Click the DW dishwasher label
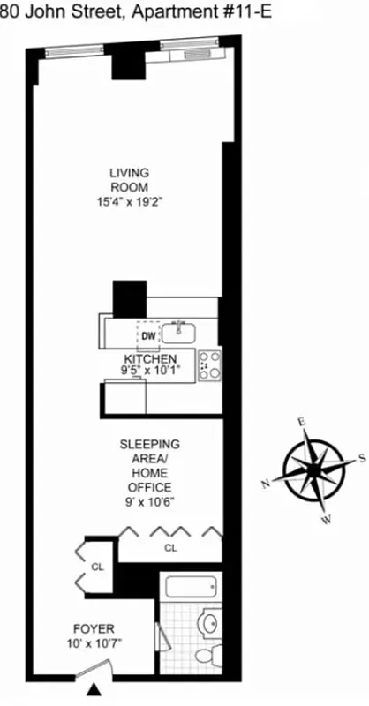click(147, 335)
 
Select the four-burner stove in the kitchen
click(210, 364)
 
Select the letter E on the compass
click(301, 422)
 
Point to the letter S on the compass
click(362, 457)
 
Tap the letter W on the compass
click(327, 520)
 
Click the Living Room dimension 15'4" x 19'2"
click(131, 201)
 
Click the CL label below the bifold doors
click(170, 548)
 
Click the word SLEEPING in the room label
click(149, 444)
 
